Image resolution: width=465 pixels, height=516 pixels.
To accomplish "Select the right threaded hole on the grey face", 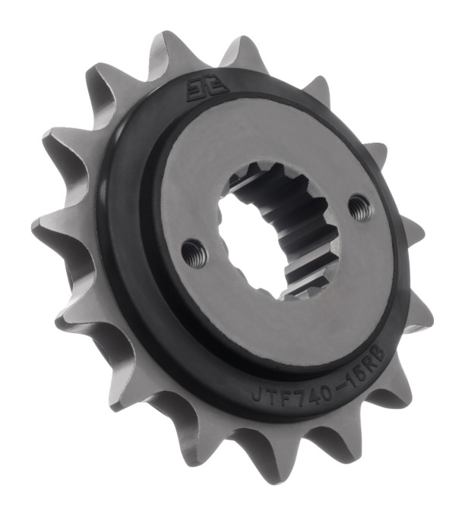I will pos(359,205).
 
